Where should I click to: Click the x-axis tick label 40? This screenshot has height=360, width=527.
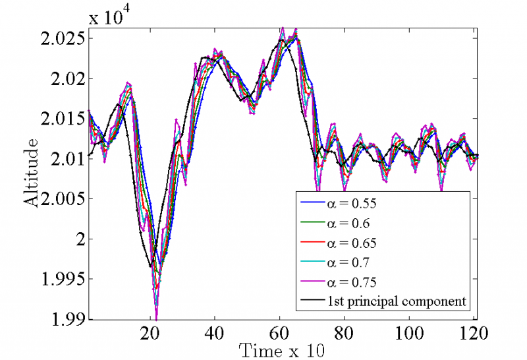point(215,334)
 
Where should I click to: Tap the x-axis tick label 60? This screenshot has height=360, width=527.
point(280,334)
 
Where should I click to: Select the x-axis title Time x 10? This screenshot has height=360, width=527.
point(281,349)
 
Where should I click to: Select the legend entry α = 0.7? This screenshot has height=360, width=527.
point(349,263)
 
